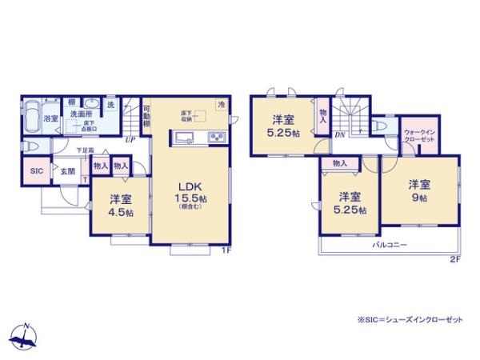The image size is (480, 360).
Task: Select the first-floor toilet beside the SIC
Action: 30,146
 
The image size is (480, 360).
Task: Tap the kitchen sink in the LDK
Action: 181,138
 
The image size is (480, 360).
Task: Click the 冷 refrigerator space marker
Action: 222,104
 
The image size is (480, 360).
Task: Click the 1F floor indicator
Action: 226,249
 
